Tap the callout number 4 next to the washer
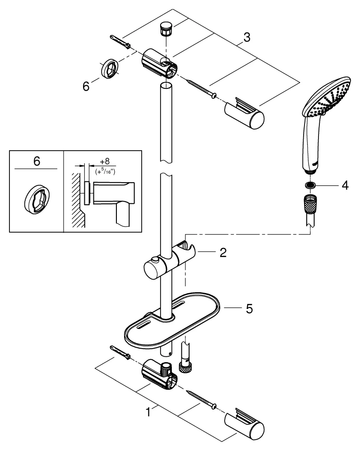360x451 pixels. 344,185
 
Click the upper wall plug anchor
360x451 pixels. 121,43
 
